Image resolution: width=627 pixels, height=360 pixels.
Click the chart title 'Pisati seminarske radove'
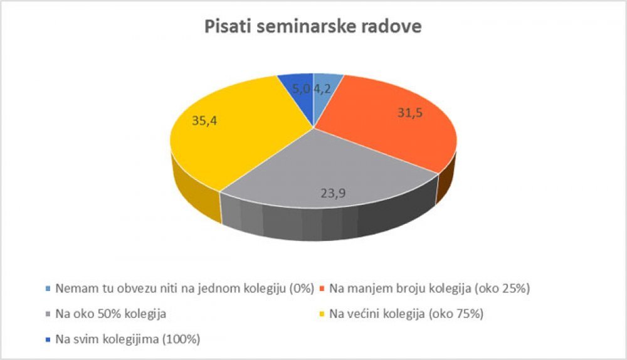[313, 26]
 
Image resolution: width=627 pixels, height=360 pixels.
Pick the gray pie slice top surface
[328, 172]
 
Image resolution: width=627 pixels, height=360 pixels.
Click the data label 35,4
[204, 120]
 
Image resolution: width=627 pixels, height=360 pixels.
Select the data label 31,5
[410, 113]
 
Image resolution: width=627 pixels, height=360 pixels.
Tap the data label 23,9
[333, 193]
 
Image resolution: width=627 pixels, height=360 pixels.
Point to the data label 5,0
[302, 89]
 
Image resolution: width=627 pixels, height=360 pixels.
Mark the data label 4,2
[322, 89]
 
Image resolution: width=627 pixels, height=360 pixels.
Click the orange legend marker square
[322, 288]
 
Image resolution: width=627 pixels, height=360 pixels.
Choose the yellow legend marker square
[322, 314]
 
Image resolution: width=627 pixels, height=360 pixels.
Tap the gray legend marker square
[48, 314]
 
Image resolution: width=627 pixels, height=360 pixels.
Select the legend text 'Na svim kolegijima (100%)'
[127, 339]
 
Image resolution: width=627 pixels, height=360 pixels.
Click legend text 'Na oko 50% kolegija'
[111, 314]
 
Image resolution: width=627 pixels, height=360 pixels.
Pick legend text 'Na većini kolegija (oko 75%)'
[406, 314]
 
